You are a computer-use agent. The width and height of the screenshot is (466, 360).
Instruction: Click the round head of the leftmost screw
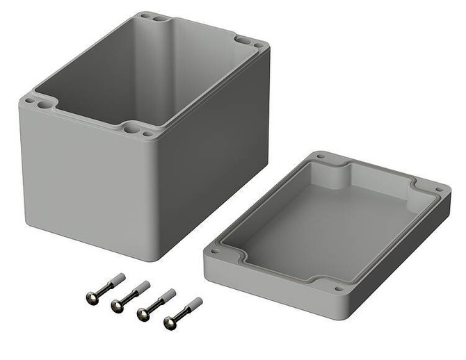(x=92, y=297)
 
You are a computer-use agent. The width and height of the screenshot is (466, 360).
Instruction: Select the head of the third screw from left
(x=143, y=315)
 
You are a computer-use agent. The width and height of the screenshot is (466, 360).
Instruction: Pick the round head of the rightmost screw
(x=170, y=322)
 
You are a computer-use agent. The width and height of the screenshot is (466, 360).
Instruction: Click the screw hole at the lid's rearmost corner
(x=321, y=157)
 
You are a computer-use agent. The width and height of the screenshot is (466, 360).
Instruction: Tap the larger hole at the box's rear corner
(x=159, y=18)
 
